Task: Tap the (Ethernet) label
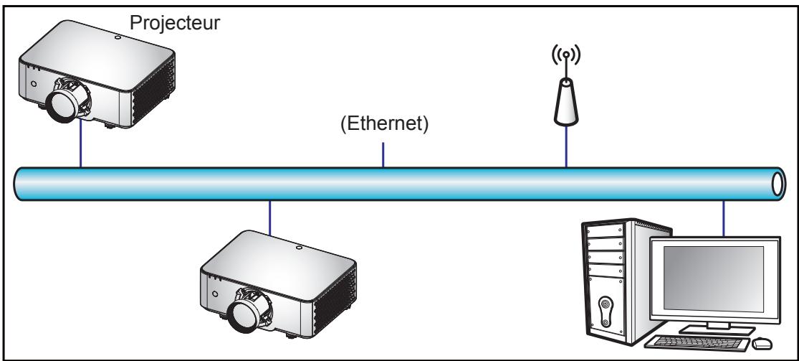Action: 384,124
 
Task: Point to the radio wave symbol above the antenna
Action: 566,54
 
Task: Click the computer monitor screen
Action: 713,278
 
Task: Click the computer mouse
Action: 762,343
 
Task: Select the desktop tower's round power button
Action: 605,305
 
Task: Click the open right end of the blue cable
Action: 778,184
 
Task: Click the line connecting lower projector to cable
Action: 269,218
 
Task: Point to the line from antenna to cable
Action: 566,146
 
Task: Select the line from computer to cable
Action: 724,219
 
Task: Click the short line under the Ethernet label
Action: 383,155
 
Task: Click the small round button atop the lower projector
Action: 299,248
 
